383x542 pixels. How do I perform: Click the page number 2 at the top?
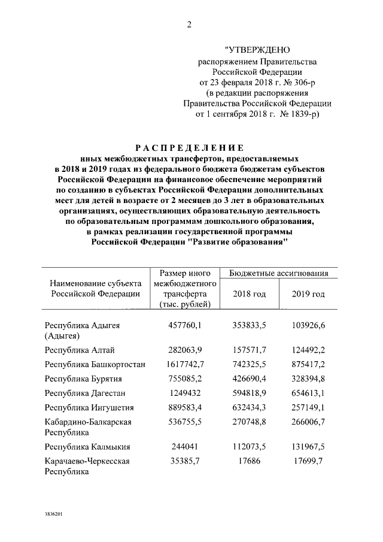coord(190,25)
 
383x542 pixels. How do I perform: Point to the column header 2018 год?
coord(249,293)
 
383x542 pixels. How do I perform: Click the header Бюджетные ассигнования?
coord(279,273)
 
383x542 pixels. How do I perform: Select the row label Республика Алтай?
coord(80,350)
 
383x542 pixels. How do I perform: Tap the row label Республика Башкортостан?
coord(95,364)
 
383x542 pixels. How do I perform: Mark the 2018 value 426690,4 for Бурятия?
coord(249,379)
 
